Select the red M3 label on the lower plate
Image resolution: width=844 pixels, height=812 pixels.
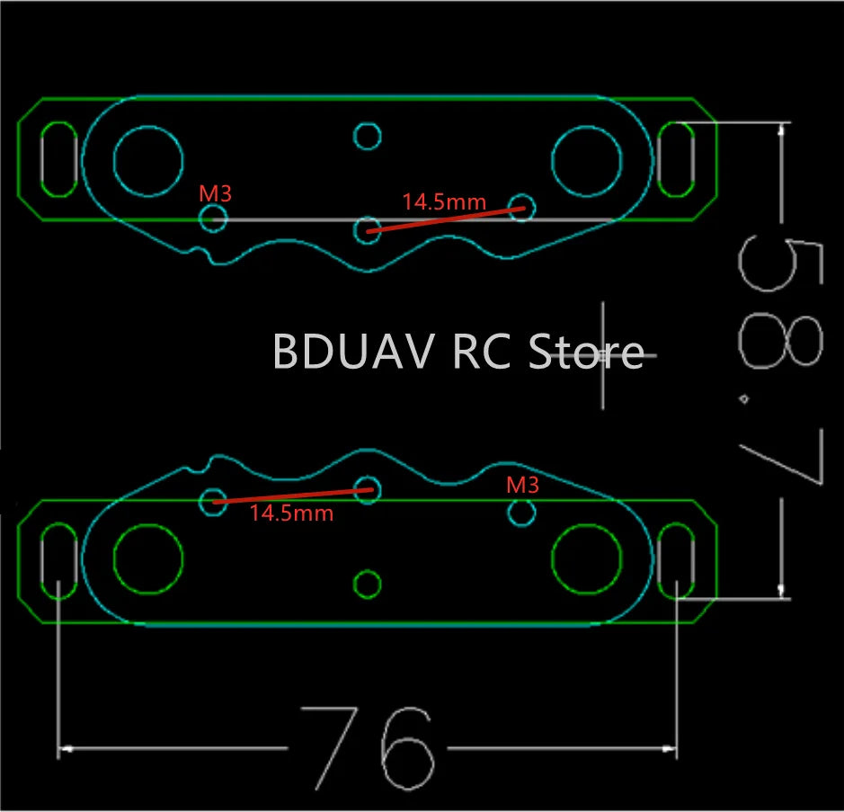tap(522, 485)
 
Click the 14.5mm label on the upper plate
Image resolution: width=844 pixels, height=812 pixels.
tap(444, 202)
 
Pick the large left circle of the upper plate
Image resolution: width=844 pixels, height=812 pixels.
tap(148, 161)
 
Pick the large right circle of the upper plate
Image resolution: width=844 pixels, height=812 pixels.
tap(587, 161)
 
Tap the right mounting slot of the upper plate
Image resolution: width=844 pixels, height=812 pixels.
tap(676, 158)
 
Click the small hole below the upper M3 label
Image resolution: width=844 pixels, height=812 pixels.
tap(213, 218)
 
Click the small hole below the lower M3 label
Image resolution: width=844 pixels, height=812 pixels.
tap(521, 513)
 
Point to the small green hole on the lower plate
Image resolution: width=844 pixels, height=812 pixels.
tap(367, 584)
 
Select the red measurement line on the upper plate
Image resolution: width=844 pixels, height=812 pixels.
tap(444, 219)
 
